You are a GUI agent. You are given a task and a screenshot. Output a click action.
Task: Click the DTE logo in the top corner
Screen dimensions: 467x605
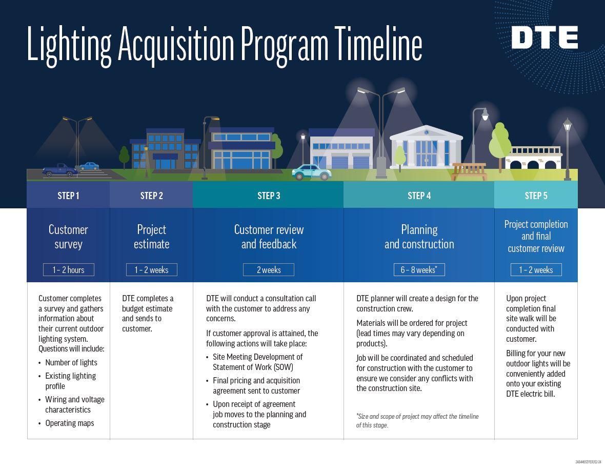click(x=544, y=38)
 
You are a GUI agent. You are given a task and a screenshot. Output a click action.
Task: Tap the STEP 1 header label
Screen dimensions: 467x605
click(x=68, y=196)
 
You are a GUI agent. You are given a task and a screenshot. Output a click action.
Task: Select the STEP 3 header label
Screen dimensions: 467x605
click(x=269, y=196)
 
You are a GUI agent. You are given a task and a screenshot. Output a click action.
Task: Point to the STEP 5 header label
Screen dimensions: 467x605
click(x=536, y=196)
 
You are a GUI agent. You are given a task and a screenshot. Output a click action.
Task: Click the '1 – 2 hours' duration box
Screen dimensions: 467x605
click(x=69, y=270)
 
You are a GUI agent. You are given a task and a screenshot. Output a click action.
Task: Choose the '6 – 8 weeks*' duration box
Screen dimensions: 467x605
click(x=419, y=270)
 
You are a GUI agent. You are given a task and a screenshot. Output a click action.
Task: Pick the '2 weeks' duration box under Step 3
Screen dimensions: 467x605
click(x=269, y=270)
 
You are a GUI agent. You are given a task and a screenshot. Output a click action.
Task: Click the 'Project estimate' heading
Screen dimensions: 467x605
click(x=151, y=237)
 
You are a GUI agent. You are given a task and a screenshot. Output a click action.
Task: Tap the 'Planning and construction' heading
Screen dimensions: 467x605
click(x=419, y=237)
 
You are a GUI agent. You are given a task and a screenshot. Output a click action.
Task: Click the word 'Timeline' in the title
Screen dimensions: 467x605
click(x=378, y=45)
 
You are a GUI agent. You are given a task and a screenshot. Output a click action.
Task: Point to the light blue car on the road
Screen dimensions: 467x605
click(x=312, y=172)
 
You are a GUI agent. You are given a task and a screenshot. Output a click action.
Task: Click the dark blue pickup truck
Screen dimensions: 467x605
click(x=59, y=170)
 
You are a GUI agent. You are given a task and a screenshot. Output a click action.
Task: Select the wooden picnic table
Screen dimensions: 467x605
click(x=469, y=171)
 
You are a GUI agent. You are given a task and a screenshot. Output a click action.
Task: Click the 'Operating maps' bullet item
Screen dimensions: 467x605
click(x=70, y=423)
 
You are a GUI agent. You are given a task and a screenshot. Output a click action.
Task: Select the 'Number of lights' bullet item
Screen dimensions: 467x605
click(x=71, y=363)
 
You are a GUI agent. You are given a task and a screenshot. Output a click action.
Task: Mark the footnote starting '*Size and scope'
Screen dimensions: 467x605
click(x=417, y=420)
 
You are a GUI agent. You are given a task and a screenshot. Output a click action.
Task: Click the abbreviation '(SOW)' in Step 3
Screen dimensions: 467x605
click(x=283, y=367)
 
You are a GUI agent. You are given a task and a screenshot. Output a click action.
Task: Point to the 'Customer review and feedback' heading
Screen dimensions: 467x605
click(x=269, y=237)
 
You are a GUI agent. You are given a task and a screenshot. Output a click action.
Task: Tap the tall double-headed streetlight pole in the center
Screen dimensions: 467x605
click(x=381, y=133)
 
